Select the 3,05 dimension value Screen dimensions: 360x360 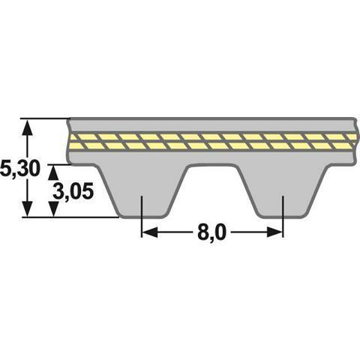click(73, 191)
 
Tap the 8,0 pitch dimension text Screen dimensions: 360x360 click(212, 233)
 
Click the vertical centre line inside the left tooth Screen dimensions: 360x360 click(142, 210)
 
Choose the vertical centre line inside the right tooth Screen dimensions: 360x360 click(283, 210)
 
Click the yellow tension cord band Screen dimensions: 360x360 click(210, 140)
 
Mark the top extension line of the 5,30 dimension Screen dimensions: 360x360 click(45, 118)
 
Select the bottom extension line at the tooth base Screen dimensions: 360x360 click(82, 217)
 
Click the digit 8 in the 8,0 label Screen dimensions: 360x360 click(203, 233)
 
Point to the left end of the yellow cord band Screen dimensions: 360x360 click(72, 141)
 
